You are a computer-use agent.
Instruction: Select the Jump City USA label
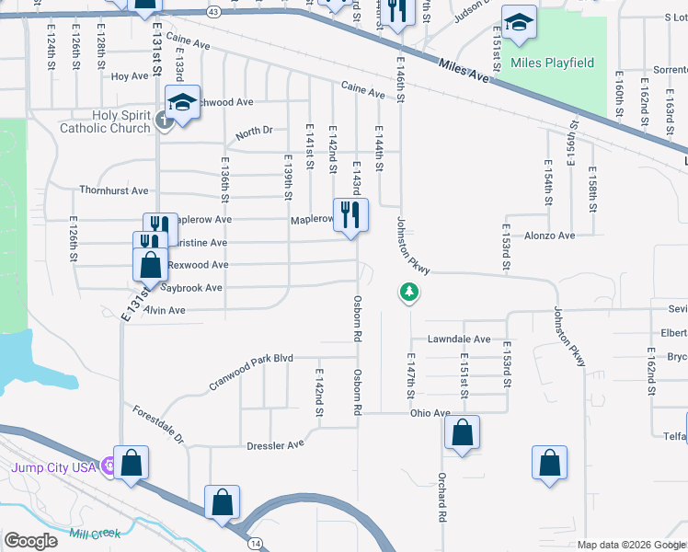53,467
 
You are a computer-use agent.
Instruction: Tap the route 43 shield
213,12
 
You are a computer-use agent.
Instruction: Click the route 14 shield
253,544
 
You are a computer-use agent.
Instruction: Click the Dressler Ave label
275,445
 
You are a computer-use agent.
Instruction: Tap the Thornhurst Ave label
113,190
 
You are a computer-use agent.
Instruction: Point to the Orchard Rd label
442,499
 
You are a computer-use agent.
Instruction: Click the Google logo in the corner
31,540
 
